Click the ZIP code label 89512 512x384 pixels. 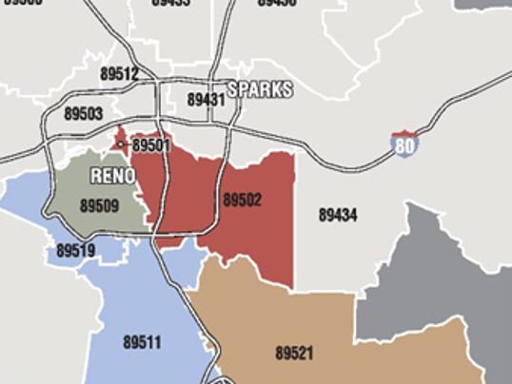click(x=119, y=73)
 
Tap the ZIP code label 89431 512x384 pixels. click(x=206, y=99)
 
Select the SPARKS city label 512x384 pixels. click(x=260, y=89)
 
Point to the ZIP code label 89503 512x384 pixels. click(x=84, y=113)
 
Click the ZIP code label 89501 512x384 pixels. click(x=150, y=145)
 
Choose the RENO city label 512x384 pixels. click(x=113, y=176)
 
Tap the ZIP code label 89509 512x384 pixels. click(x=99, y=204)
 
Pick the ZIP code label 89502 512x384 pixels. click(x=242, y=201)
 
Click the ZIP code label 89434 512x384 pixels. click(x=338, y=216)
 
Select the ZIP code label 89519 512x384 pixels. click(x=76, y=251)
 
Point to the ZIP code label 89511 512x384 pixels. click(x=142, y=341)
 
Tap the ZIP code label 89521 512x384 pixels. click(x=294, y=353)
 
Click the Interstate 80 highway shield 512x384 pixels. click(x=404, y=144)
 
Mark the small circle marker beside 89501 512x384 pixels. click(x=121, y=144)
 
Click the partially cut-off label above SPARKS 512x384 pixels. click(x=276, y=3)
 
